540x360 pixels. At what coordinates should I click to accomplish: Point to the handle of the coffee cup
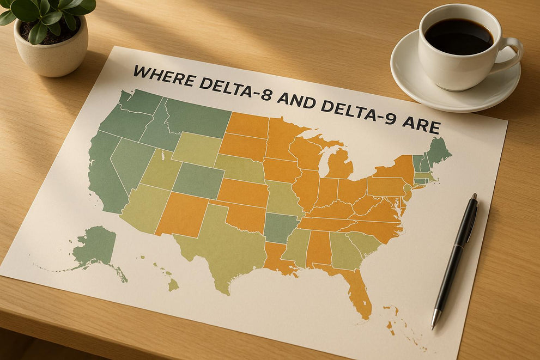(x=511, y=54)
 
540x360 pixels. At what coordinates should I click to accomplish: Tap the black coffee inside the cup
(x=458, y=36)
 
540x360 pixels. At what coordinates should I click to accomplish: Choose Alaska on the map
(x=95, y=248)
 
